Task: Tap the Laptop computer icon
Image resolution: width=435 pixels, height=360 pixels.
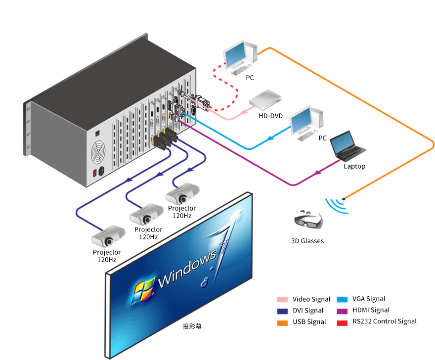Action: click(x=350, y=146)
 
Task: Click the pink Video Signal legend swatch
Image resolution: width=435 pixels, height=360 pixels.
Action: click(x=282, y=299)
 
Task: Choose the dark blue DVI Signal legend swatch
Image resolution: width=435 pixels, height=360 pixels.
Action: click(x=282, y=311)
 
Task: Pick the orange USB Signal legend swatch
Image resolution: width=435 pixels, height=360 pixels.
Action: click(x=282, y=322)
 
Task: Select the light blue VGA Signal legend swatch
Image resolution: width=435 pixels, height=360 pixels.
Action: click(x=342, y=299)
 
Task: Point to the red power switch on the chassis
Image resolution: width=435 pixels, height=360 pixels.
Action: click(x=95, y=173)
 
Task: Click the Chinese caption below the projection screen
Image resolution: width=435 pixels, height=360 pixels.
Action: click(x=192, y=326)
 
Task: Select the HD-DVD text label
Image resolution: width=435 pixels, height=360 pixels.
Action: click(x=271, y=116)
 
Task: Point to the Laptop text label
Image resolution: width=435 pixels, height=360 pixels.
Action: click(x=354, y=167)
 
